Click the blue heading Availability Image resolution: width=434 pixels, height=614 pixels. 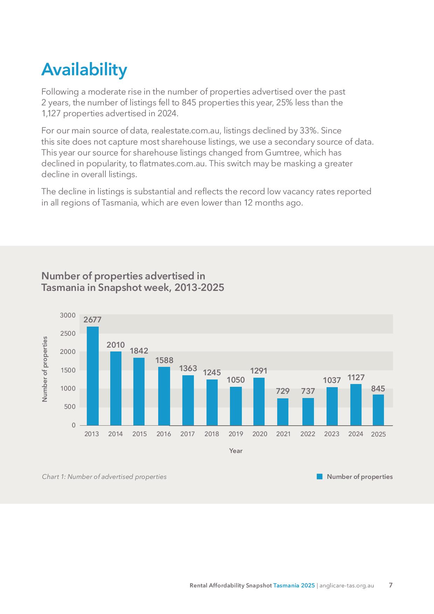tap(84, 70)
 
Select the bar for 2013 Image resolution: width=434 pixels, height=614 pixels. tap(93, 376)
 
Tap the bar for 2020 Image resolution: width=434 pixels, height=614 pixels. tap(259, 402)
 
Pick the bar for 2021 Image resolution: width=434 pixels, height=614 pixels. tap(283, 412)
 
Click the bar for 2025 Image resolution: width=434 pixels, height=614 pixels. tap(378, 410)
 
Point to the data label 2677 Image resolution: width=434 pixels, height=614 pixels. tap(92, 320)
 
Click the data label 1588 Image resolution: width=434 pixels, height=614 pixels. tap(164, 360)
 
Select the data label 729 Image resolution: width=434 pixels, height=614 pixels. tap(283, 391)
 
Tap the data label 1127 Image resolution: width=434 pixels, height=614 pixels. tap(356, 377)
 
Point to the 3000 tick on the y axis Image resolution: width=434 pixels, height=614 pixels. tap(68, 315)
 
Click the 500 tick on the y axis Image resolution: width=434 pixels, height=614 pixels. tap(70, 407)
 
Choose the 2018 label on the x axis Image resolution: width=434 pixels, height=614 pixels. tap(212, 434)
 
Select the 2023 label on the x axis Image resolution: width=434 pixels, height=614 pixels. tap(332, 434)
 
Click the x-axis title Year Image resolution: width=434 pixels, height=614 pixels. tap(236, 451)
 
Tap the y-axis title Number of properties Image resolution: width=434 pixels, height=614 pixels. tap(45, 369)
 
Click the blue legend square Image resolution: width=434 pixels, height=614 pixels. tap(320, 476)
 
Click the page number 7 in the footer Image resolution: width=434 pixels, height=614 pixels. tap(391, 585)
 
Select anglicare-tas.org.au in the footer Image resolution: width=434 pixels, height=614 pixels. tap(347, 585)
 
